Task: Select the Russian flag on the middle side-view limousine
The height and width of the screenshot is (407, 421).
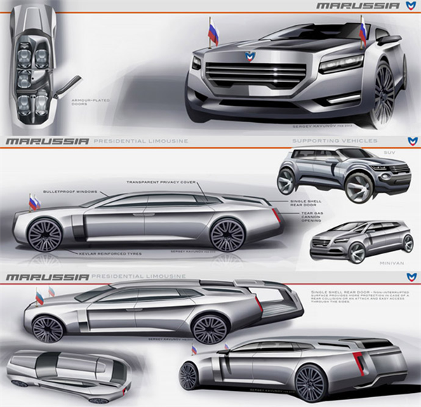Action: (x=34, y=202)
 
